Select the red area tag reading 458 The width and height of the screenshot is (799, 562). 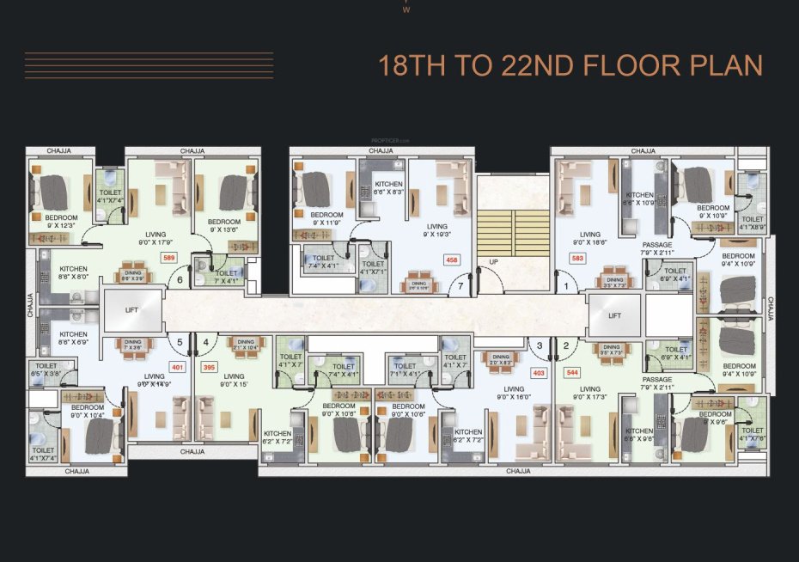coord(451,259)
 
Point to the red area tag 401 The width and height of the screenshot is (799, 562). coord(178,367)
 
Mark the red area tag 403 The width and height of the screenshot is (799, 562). coord(540,373)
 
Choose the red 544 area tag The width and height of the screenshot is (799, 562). coord(572,373)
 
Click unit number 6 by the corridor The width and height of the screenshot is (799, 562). coord(180,279)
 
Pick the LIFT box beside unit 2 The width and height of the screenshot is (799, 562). coord(614,315)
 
